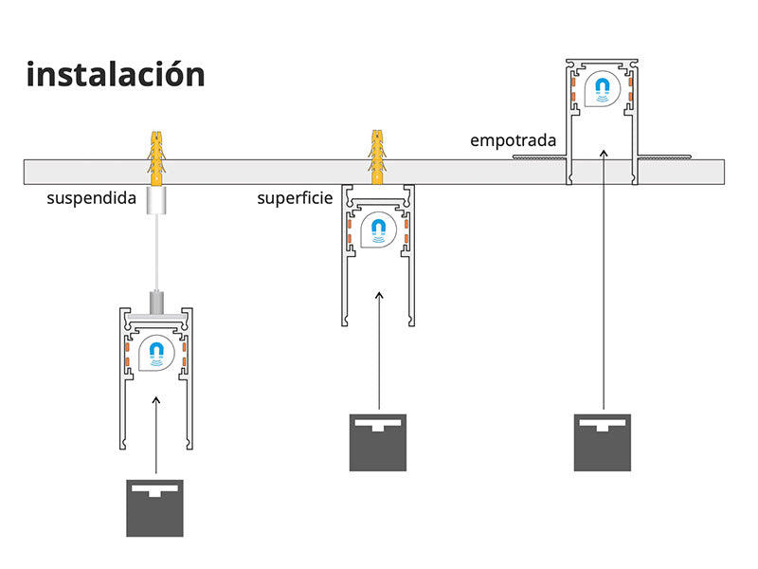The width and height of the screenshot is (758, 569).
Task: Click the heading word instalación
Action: pyautogui.click(x=116, y=74)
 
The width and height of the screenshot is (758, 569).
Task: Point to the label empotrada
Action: pyautogui.click(x=513, y=140)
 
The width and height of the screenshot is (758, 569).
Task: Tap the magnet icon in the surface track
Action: pyautogui.click(x=379, y=229)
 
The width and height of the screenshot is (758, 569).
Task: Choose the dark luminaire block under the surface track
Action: pyautogui.click(x=379, y=443)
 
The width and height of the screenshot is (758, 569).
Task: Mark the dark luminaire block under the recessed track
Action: pyautogui.click(x=603, y=442)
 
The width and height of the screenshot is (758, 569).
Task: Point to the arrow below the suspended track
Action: pyautogui.click(x=155, y=436)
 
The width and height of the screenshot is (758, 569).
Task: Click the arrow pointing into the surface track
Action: pyautogui.click(x=379, y=351)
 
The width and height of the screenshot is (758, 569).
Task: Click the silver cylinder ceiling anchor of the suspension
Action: pyautogui.click(x=155, y=202)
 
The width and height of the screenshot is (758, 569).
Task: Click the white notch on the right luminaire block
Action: pyautogui.click(x=603, y=424)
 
